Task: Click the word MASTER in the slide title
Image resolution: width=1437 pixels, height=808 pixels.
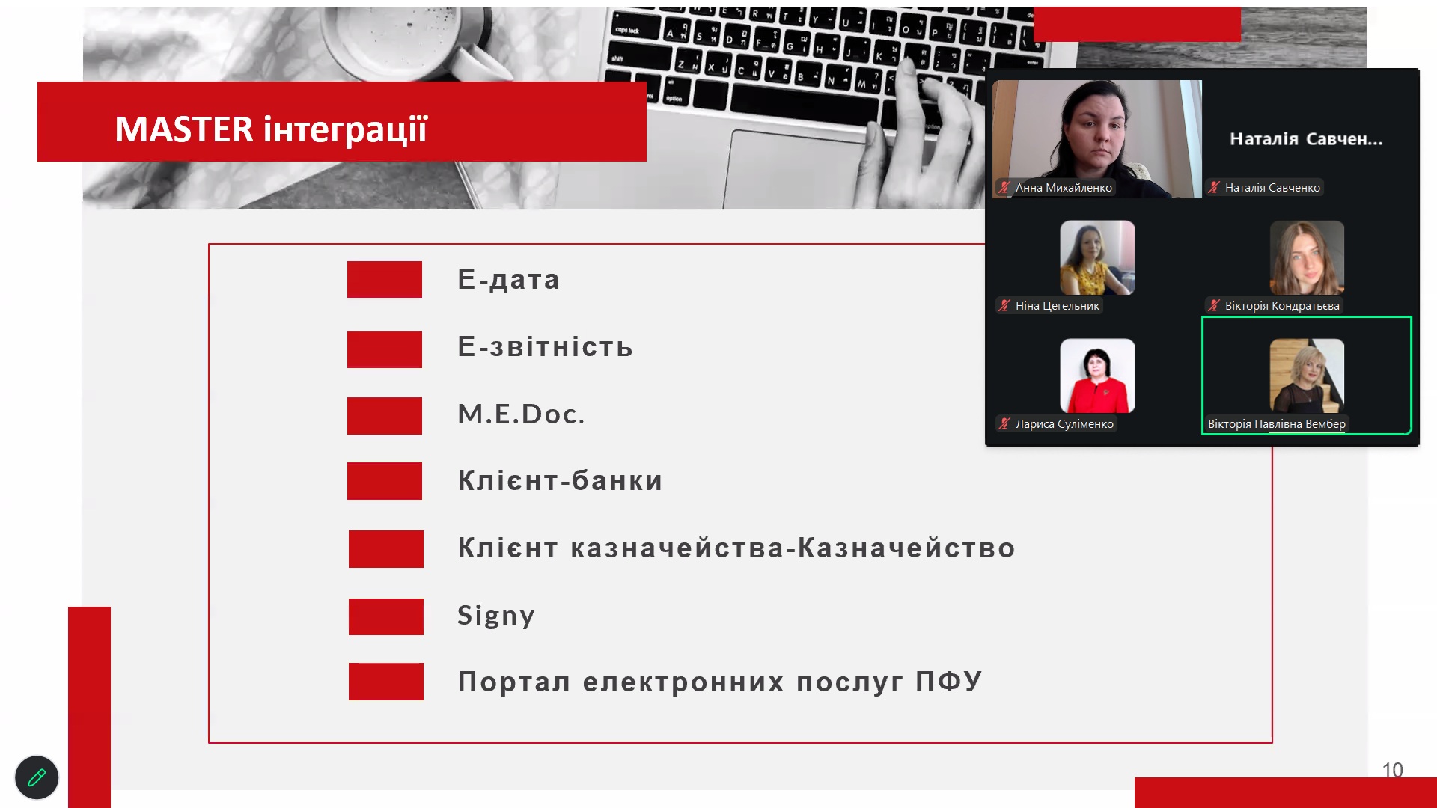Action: (x=184, y=129)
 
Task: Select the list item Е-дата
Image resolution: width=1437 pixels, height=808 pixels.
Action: (x=508, y=279)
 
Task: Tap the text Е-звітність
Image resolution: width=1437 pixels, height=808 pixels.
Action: (x=545, y=346)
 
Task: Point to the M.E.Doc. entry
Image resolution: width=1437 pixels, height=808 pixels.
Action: (x=521, y=414)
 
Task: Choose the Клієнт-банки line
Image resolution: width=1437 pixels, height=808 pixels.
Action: (x=560, y=480)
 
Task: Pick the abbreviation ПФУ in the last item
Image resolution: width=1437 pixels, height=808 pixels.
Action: (x=948, y=682)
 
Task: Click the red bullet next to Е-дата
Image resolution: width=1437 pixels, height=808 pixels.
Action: (x=385, y=279)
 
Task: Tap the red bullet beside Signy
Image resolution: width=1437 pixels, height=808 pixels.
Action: (x=386, y=616)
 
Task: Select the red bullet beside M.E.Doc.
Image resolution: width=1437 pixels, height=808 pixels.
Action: (x=385, y=416)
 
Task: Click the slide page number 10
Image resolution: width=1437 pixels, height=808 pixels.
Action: (x=1392, y=770)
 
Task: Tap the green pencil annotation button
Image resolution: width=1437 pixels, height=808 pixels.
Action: (x=37, y=778)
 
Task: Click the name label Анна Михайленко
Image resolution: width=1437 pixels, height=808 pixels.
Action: (x=1063, y=188)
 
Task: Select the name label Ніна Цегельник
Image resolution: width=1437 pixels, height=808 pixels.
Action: (x=1057, y=306)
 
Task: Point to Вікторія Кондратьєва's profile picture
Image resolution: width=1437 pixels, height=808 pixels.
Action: (x=1307, y=257)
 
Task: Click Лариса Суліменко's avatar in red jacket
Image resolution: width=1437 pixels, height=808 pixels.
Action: (x=1097, y=376)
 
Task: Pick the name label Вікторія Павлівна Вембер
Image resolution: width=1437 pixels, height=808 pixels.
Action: (x=1276, y=424)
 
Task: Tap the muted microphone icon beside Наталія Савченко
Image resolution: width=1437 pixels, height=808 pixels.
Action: (x=1214, y=188)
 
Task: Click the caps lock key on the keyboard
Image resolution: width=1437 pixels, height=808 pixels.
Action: (x=627, y=30)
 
